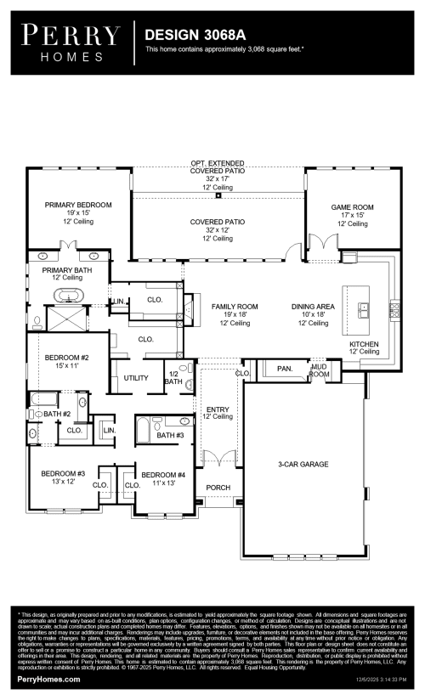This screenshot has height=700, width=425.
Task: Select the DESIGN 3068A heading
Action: pyautogui.click(x=192, y=36)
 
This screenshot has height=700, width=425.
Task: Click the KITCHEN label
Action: pyautogui.click(x=364, y=344)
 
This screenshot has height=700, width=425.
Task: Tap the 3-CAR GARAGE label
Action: pyautogui.click(x=303, y=464)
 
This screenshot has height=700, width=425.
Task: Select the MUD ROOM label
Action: pyautogui.click(x=319, y=370)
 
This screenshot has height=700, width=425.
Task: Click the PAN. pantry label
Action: pyautogui.click(x=284, y=370)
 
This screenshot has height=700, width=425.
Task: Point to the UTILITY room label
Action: pyautogui.click(x=136, y=377)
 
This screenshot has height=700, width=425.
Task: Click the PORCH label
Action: pyautogui.click(x=218, y=488)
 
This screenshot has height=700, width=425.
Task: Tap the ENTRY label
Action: pyautogui.click(x=218, y=410)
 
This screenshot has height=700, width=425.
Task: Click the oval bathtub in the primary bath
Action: pyautogui.click(x=67, y=296)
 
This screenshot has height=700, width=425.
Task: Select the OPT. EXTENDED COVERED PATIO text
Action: pyautogui.click(x=218, y=167)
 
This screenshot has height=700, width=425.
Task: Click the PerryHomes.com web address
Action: pyautogui.click(x=49, y=680)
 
